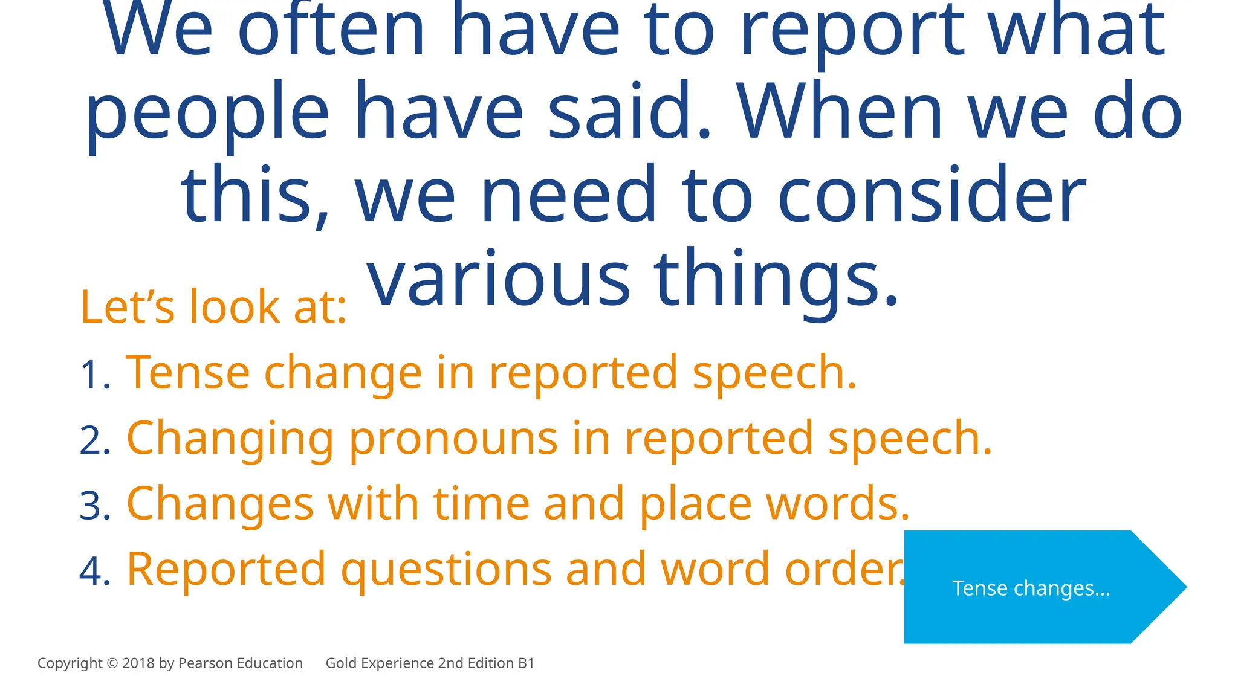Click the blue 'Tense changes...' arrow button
click(1031, 587)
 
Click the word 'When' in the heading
click(840, 112)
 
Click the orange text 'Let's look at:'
click(213, 307)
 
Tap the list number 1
click(94, 375)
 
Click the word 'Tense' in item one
click(187, 373)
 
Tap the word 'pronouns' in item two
click(453, 439)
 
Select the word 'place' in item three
click(695, 504)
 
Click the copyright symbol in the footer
click(112, 663)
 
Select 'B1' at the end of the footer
click(526, 663)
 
